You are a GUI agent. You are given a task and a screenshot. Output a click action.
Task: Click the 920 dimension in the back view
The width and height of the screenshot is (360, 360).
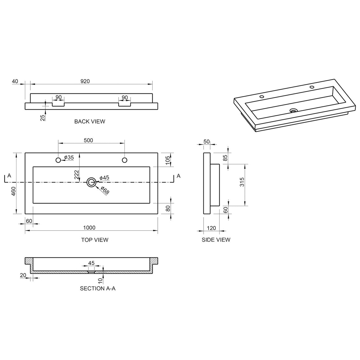85,81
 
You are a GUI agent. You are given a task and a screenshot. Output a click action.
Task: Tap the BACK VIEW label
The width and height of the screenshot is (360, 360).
90,121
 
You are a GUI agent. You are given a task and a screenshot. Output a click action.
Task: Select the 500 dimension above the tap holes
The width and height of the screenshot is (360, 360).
88,141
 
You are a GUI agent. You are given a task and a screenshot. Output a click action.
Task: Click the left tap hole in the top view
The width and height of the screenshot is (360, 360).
58,160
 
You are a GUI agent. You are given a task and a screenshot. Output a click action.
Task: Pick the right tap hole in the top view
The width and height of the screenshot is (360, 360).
124,160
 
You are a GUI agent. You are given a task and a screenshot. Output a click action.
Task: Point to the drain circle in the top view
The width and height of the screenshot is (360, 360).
91,182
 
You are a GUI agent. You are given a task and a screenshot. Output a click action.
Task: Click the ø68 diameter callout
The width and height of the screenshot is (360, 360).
105,190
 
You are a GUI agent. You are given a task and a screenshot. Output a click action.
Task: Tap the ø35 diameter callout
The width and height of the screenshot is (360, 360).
69,158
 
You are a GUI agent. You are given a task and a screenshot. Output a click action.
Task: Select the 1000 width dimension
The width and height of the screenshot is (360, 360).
89,227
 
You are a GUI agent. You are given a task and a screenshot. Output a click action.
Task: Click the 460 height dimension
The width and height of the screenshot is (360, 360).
14,191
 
